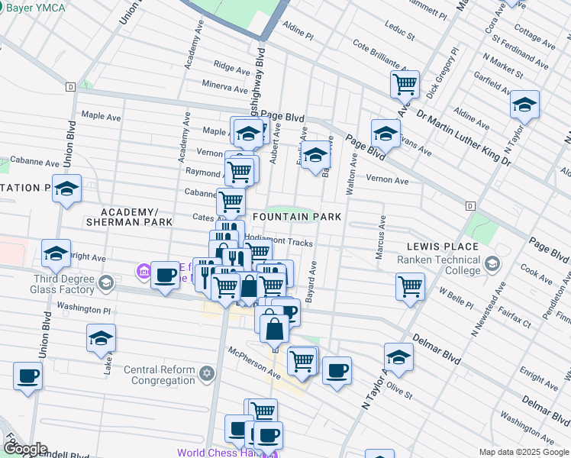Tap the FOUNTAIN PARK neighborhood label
303,217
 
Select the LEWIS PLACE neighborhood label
442,247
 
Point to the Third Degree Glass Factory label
60,283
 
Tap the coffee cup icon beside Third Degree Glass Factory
165,275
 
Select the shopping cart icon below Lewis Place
410,287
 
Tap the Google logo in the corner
24,449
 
